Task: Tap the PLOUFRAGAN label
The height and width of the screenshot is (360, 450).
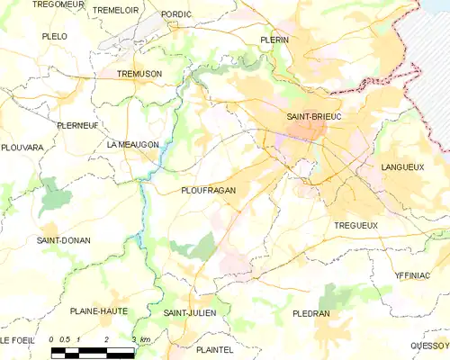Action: pyautogui.click(x=208, y=191)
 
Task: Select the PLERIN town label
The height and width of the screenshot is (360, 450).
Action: pyautogui.click(x=274, y=40)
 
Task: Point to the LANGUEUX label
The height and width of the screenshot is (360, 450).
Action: pyautogui.click(x=402, y=167)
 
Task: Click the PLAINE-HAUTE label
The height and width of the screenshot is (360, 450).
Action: pyautogui.click(x=98, y=310)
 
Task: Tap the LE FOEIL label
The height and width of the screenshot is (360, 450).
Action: pyautogui.click(x=17, y=340)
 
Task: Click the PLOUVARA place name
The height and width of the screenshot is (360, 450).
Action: pyautogui.click(x=22, y=147)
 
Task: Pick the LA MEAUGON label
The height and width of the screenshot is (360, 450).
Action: pyautogui.click(x=132, y=144)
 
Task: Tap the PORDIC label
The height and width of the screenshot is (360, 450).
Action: pyautogui.click(x=176, y=14)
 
